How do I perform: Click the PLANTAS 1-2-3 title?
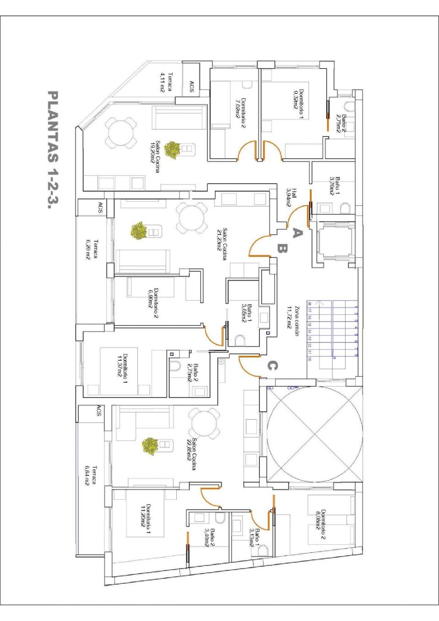tap(53, 150)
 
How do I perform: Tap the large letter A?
tap(297, 233)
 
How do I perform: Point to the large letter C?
tap(272, 366)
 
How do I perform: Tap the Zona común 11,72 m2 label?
tap(293, 321)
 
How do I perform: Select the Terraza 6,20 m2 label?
tap(92, 249)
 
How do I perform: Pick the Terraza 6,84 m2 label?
tap(90, 476)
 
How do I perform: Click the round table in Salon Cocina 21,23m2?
tap(192, 218)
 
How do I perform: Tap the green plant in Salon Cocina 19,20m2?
tap(172, 150)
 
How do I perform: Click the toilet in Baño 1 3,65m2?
tap(240, 340)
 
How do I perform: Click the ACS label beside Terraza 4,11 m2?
tap(192, 87)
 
